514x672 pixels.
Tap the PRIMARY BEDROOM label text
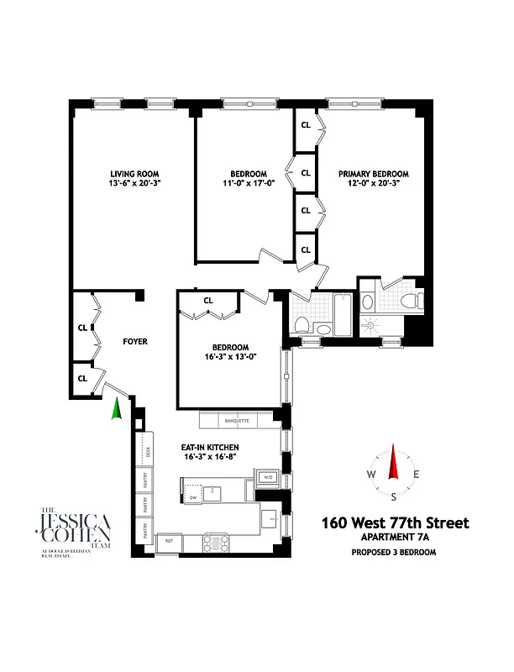(374, 173)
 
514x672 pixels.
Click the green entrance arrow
(117, 409)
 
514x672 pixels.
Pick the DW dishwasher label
(192, 497)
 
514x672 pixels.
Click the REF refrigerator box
(170, 541)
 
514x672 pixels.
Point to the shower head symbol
(371, 323)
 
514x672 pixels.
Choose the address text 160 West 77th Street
(395, 523)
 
